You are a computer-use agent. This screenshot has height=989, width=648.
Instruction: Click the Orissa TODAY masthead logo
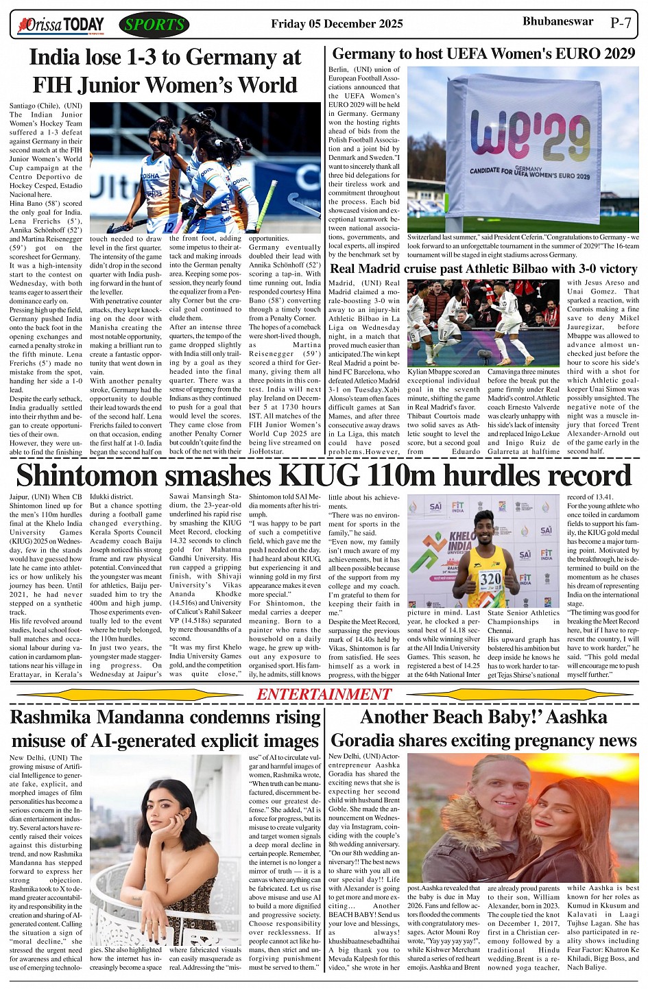61,25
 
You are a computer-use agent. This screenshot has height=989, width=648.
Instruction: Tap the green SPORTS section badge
154,25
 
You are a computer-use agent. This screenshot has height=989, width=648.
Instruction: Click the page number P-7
621,23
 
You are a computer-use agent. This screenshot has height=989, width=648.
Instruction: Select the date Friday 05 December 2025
337,24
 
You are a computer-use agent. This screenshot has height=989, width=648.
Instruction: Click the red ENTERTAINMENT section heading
324,694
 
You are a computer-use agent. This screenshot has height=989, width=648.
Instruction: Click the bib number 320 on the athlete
490,578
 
